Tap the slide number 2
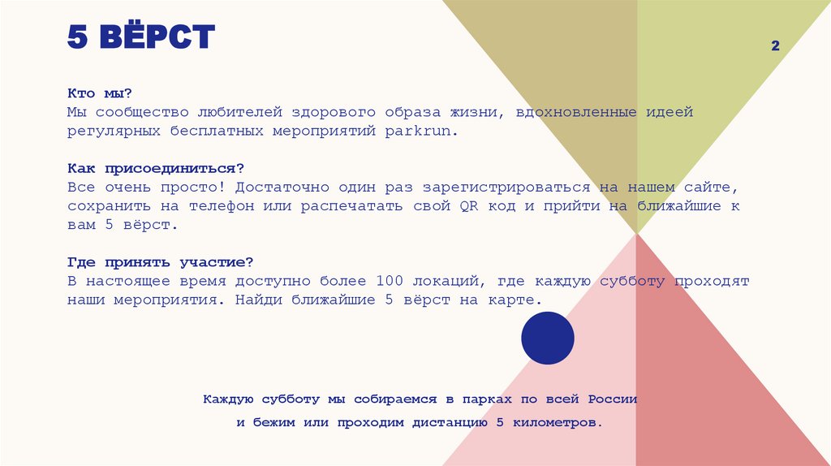click(775, 46)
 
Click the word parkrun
click(421, 131)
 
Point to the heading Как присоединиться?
click(156, 168)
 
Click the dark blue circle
click(547, 338)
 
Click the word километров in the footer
click(556, 423)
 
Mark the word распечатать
click(345, 205)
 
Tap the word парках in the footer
click(488, 399)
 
